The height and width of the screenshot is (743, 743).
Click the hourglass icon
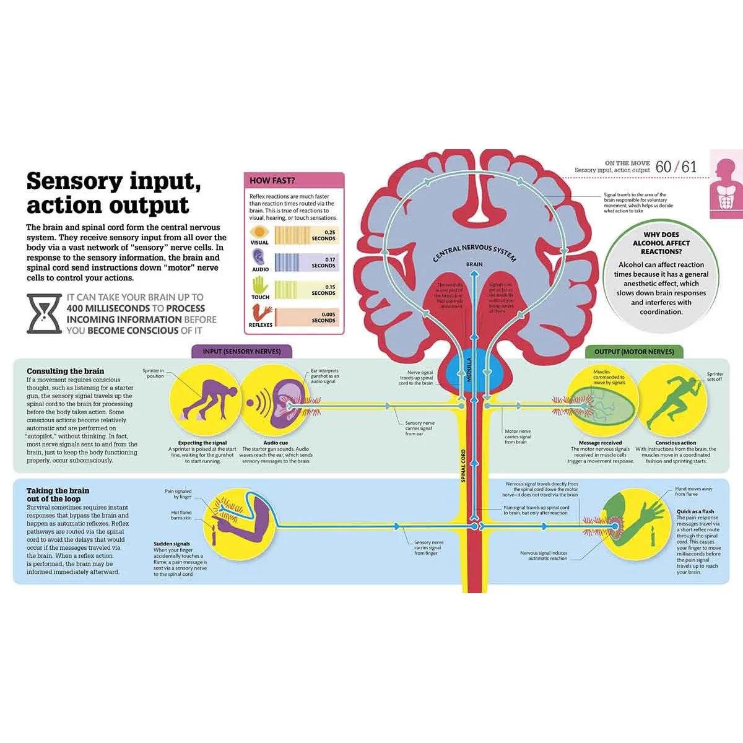[x=44, y=314]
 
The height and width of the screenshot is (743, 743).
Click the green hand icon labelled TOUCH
[x=260, y=285]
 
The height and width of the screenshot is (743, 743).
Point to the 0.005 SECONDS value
[x=323, y=317]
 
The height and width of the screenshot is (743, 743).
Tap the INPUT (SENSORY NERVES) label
[x=241, y=351]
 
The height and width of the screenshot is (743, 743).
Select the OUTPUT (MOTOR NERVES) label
[x=634, y=352]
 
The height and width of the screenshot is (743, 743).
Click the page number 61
[x=689, y=167]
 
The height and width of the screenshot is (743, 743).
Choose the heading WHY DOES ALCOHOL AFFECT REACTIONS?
[x=661, y=243]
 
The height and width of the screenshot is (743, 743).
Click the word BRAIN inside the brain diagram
[x=474, y=264]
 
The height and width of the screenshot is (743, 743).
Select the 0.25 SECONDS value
[x=323, y=235]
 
